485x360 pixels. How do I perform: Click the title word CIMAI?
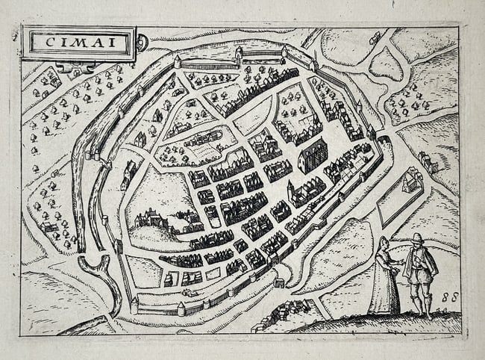[79, 43]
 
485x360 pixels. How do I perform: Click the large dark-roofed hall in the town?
[313, 155]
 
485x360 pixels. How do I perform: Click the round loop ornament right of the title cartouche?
[142, 43]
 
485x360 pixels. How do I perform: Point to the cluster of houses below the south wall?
[284, 314]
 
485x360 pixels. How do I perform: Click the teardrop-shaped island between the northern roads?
[386, 64]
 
